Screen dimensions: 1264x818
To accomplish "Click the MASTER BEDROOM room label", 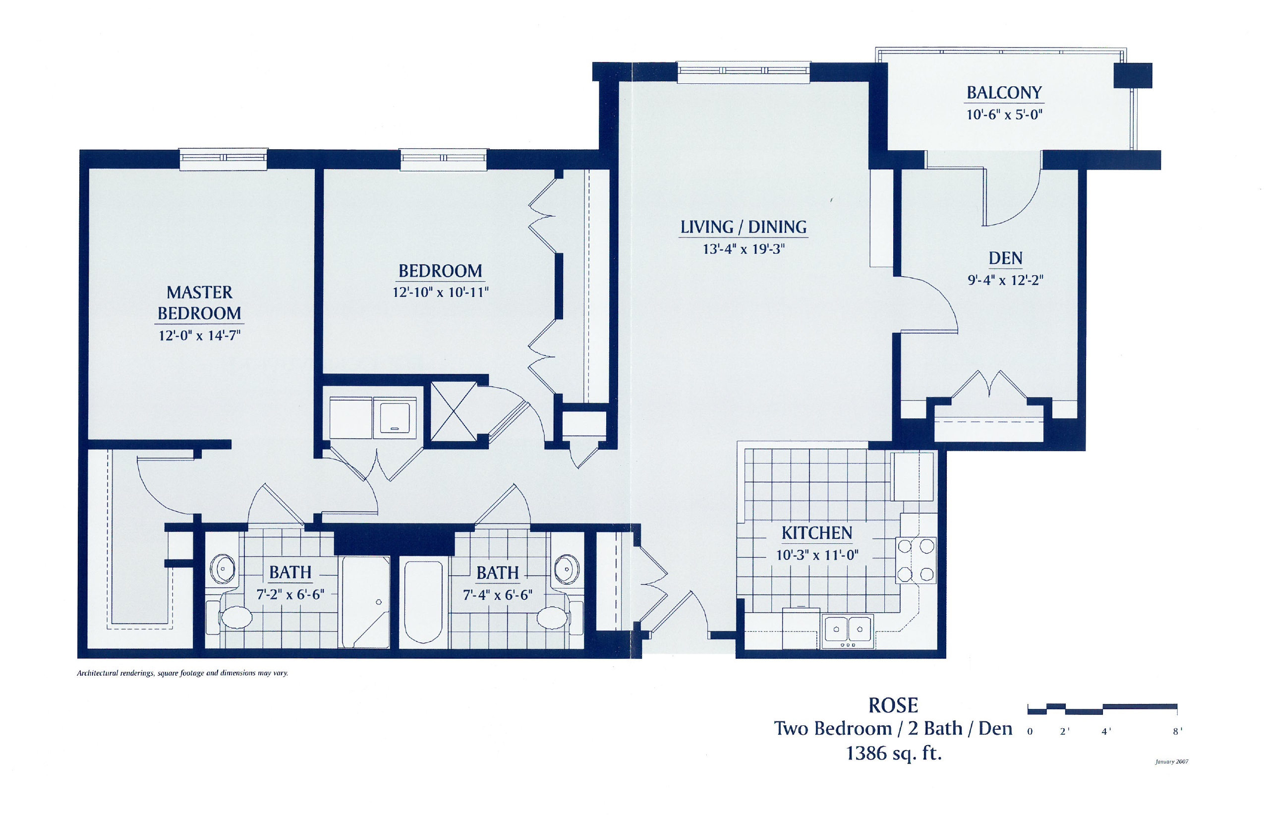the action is tap(200, 303).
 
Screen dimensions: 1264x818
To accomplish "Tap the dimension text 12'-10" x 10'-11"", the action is tap(440, 292).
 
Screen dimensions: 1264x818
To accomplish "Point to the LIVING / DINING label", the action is tap(744, 227).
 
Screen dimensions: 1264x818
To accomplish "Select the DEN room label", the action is tap(1005, 258).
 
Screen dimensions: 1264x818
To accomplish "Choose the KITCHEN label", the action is tap(817, 533).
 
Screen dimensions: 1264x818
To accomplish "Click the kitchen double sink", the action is tap(848, 631).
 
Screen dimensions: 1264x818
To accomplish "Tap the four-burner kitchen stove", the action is tap(916, 560).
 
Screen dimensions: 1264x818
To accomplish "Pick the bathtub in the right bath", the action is tap(423, 601).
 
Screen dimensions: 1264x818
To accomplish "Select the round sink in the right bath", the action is tap(567, 569).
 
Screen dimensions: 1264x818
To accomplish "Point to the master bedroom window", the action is tap(223, 159).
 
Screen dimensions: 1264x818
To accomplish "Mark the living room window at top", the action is tap(744, 72).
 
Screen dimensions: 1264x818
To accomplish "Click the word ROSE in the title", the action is tap(893, 705).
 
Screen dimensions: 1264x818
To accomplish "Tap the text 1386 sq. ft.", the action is tap(894, 753).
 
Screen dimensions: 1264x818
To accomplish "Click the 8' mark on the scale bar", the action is tap(1177, 731).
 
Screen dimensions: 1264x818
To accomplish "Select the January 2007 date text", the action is tap(1172, 761).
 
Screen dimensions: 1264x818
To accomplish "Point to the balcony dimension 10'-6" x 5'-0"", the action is tap(1004, 114).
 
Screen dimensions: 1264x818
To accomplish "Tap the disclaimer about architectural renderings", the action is tap(183, 673).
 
